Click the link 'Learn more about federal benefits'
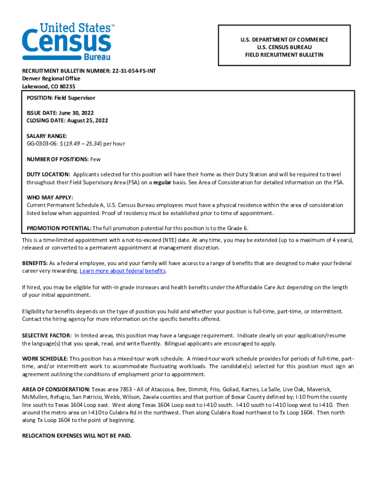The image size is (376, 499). (123, 271)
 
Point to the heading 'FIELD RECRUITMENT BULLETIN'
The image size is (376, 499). (284, 55)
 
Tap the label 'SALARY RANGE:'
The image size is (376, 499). (47, 136)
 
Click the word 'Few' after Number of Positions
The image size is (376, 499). (95, 159)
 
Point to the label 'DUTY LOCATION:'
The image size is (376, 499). (48, 174)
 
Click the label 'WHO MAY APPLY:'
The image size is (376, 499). (50, 197)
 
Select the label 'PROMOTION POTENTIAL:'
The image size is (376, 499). (59, 228)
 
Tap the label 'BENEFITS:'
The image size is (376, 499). (35, 263)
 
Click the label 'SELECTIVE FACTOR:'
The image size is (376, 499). (47, 336)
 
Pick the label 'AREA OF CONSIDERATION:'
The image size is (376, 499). (56, 389)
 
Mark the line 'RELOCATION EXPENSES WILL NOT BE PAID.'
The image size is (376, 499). (77, 436)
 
